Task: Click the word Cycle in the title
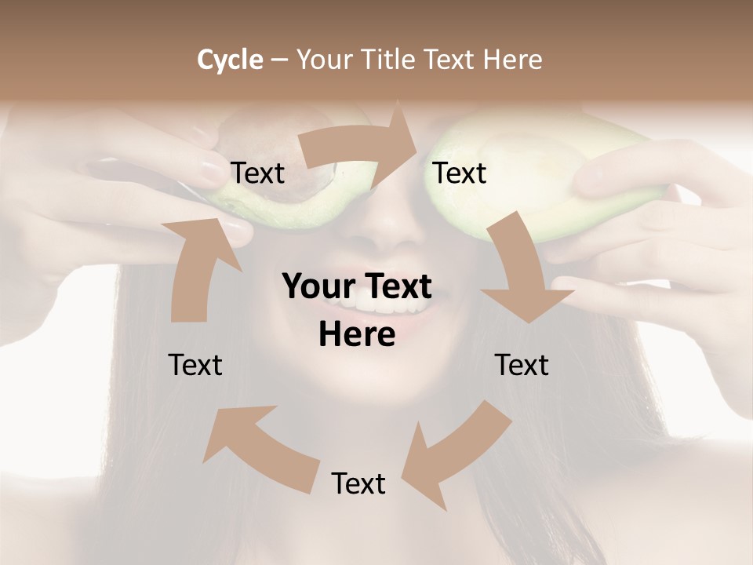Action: (230, 60)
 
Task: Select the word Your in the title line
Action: (323, 60)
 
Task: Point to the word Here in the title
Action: (512, 60)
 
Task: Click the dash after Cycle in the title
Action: (279, 60)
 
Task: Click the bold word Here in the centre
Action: (357, 335)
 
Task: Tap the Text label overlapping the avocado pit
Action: (258, 173)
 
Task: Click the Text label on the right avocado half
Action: (460, 173)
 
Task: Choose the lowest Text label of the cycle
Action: (358, 483)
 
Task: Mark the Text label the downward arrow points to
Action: (522, 365)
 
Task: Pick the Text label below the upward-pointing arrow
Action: (195, 365)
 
